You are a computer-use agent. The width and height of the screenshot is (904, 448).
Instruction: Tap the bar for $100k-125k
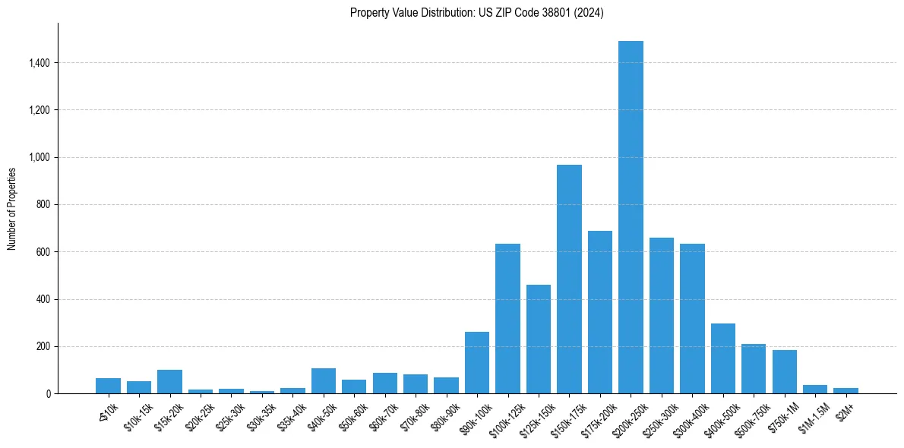507,319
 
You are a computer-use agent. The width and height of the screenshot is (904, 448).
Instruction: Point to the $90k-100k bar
477,363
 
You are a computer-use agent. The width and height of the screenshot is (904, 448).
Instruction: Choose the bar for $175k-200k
600,312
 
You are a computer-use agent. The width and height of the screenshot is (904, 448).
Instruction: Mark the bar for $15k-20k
169,382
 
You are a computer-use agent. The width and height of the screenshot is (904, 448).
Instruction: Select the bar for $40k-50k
324,381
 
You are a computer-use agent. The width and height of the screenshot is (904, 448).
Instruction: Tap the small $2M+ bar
846,390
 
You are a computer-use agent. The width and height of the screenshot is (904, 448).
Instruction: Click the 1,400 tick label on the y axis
39,63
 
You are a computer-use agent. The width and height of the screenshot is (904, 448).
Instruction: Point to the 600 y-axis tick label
43,252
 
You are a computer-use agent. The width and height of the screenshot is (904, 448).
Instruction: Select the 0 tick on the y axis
48,394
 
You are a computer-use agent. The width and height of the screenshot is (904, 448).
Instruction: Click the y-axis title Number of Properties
12,208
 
